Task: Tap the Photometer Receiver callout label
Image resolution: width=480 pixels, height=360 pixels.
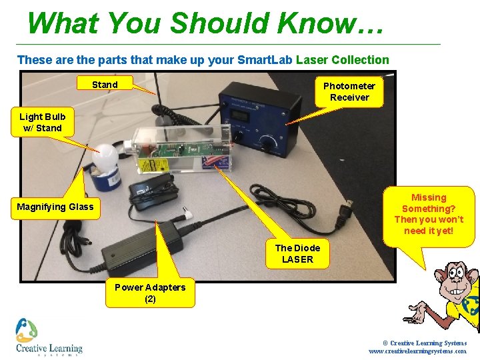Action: pos(349,91)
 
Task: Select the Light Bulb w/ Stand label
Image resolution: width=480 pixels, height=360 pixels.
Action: pos(43,122)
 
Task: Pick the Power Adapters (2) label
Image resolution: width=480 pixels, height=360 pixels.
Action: pos(150,293)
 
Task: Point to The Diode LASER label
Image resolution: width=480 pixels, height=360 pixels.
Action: pos(297,253)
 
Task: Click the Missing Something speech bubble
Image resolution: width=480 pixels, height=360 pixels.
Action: pos(429,216)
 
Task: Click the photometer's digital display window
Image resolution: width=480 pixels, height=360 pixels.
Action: pos(241,115)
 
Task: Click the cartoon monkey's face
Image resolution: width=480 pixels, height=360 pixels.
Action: pos(457,281)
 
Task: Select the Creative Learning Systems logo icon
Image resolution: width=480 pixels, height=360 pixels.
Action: pos(26,330)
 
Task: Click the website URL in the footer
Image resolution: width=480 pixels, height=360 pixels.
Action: pos(417,351)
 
